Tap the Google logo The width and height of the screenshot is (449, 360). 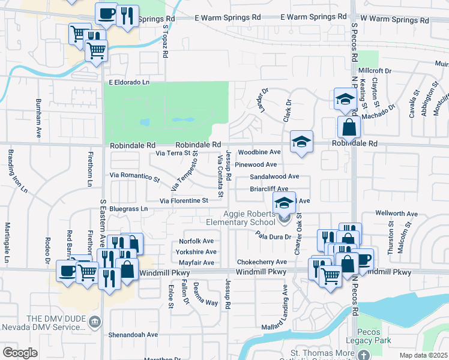(x=20, y=353)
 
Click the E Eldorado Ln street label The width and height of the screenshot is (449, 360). (x=128, y=82)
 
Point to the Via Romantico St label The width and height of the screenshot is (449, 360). (x=135, y=175)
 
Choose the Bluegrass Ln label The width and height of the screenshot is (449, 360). (x=128, y=208)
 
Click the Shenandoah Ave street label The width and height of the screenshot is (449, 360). (x=133, y=335)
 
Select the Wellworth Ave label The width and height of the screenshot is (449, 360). (x=396, y=214)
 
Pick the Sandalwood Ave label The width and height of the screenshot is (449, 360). (x=274, y=176)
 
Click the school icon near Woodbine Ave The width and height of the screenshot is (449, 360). (x=301, y=142)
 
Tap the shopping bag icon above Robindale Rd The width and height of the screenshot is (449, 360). (x=349, y=127)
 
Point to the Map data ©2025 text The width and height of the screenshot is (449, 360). (x=423, y=355)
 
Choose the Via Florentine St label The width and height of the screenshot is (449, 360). (x=184, y=200)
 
